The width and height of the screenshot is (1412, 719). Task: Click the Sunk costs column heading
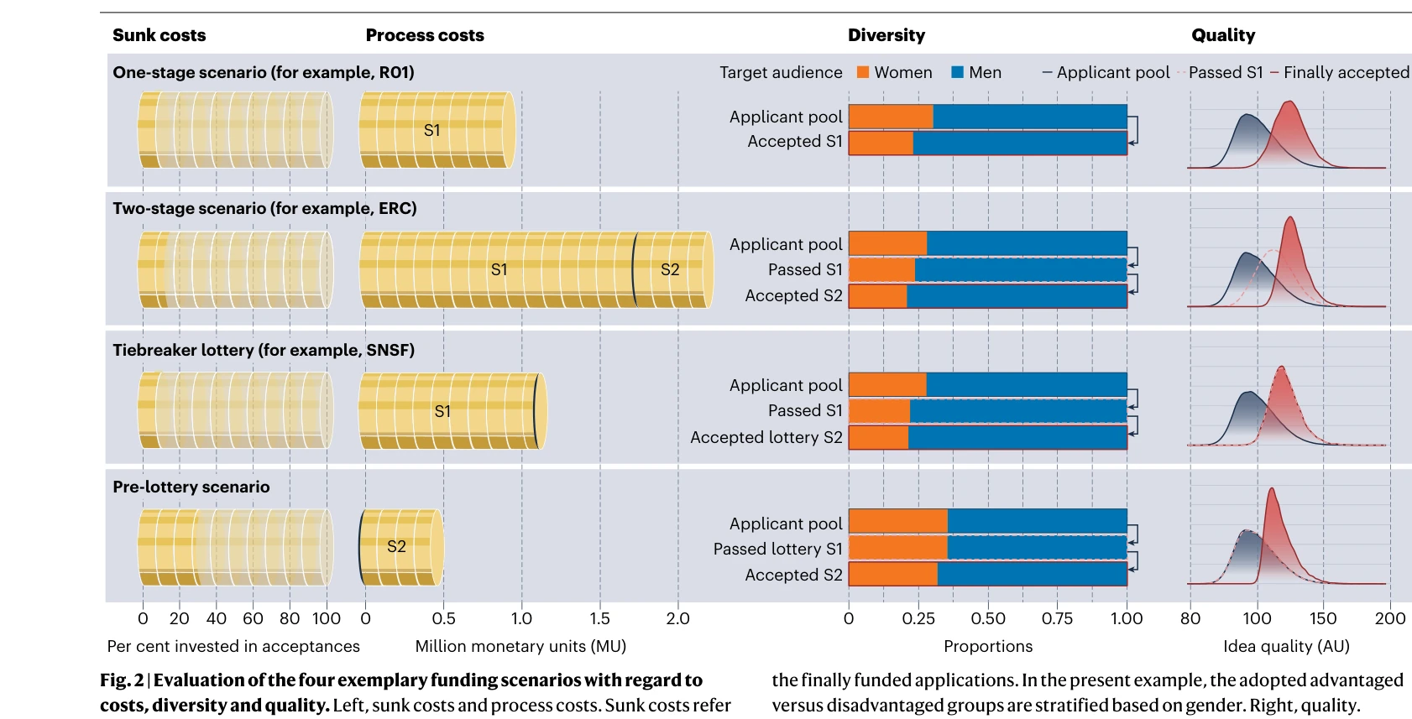[x=159, y=35]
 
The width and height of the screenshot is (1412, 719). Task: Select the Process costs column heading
[x=425, y=35]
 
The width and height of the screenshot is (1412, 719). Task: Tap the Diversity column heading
[x=886, y=35]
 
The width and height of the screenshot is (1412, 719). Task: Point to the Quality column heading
[x=1223, y=35]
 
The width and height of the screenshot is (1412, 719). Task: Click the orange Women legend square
[x=863, y=72]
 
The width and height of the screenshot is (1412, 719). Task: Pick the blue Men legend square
[x=957, y=72]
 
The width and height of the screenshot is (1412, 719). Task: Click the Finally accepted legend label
[x=1346, y=73]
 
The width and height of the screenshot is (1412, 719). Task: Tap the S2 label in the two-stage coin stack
[x=670, y=269]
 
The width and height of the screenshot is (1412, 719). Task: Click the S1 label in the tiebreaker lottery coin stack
[x=442, y=411]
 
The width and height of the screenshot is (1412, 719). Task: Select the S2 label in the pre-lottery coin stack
[x=396, y=547]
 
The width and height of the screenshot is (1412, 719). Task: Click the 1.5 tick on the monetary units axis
[x=599, y=618]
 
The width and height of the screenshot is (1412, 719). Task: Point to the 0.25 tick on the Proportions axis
[x=918, y=618]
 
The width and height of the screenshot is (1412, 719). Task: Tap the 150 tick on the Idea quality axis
[x=1323, y=618]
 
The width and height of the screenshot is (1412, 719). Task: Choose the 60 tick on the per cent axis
[x=253, y=618]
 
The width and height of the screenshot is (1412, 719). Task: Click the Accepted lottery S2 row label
[x=766, y=437]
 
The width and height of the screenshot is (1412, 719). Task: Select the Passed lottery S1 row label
[x=777, y=549]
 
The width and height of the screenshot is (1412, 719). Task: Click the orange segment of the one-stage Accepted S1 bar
[x=881, y=143]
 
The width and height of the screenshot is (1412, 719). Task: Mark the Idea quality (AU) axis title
[x=1286, y=646]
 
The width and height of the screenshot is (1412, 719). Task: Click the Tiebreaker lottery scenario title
[x=264, y=350]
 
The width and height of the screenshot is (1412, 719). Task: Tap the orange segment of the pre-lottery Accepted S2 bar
[x=893, y=574]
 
